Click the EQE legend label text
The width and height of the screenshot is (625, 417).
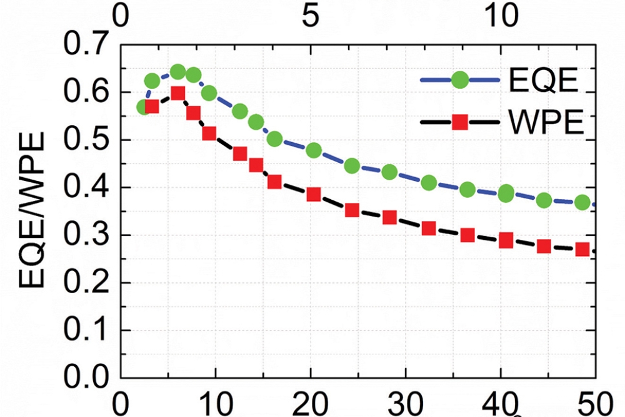point(542,82)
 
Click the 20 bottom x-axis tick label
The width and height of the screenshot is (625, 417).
point(311,401)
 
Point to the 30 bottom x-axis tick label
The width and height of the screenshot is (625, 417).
point(406,401)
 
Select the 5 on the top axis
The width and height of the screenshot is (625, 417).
point(311,16)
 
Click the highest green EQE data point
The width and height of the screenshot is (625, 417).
point(177,72)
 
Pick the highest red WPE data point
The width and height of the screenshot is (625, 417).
point(178,93)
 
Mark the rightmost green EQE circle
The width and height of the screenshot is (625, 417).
point(582,202)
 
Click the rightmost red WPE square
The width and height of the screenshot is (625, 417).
point(582,249)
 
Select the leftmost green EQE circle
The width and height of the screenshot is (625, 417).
point(144,107)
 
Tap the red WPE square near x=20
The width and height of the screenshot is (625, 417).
point(314,195)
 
